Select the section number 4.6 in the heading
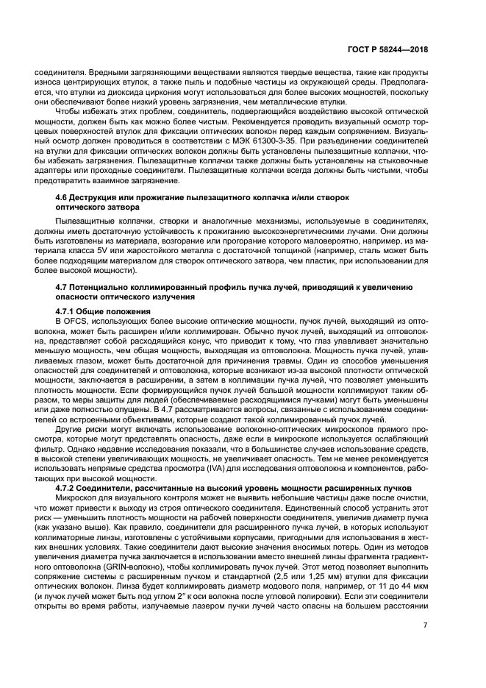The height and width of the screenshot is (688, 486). (x=64, y=199)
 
